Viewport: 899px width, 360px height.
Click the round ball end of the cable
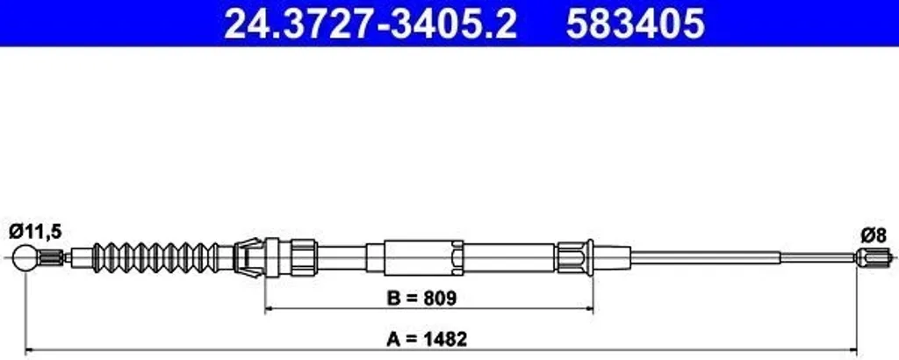coord(27,257)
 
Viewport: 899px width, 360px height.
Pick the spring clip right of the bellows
coord(248,258)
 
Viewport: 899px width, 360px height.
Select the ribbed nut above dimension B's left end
coord(304,257)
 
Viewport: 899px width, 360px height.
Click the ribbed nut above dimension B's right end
coord(568,257)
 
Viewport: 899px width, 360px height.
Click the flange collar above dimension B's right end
coord(590,257)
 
